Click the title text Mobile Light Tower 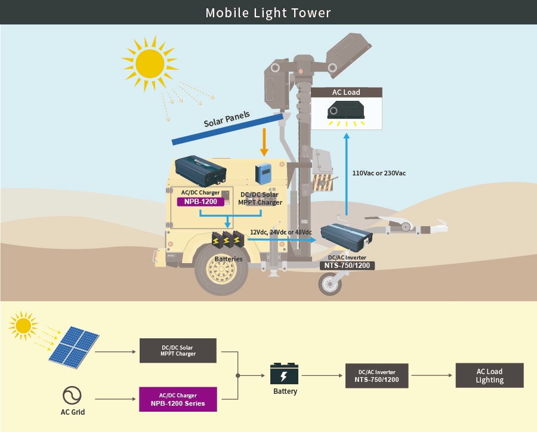(x=268, y=13)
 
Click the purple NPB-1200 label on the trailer (x=200, y=202)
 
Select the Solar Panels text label (x=227, y=118)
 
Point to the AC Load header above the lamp (x=346, y=92)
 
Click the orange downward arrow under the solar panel (x=264, y=144)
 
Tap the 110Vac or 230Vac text (x=379, y=173)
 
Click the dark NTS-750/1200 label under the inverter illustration (x=348, y=266)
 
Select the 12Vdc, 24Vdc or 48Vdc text (x=281, y=232)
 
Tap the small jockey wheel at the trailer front (x=329, y=284)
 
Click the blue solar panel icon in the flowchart (x=73, y=347)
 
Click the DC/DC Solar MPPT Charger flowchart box (x=178, y=351)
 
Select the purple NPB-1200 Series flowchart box (x=178, y=399)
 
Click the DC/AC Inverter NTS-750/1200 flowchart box (x=377, y=375)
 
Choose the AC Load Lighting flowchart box (x=489, y=375)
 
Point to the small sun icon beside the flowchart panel (x=23, y=325)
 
